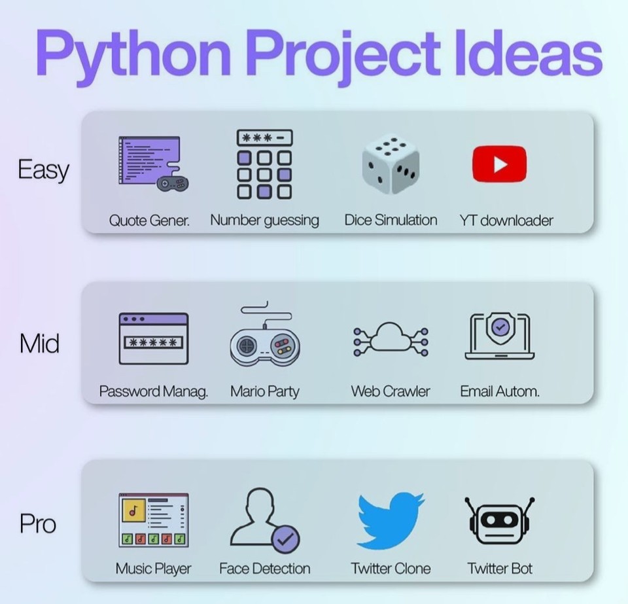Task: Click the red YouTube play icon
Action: [499, 164]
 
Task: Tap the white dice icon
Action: [391, 164]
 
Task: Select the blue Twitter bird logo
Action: [391, 521]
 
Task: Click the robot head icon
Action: [500, 521]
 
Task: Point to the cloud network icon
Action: [391, 339]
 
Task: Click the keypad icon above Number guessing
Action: [264, 164]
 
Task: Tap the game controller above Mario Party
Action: [264, 342]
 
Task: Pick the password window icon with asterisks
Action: [154, 338]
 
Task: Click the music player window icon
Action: [154, 521]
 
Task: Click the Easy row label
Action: [43, 170]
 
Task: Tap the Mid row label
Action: [39, 343]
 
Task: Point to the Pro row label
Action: [38, 524]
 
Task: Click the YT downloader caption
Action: [506, 221]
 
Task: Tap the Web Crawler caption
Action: [391, 391]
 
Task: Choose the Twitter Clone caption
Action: [391, 568]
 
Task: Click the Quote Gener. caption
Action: [149, 221]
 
